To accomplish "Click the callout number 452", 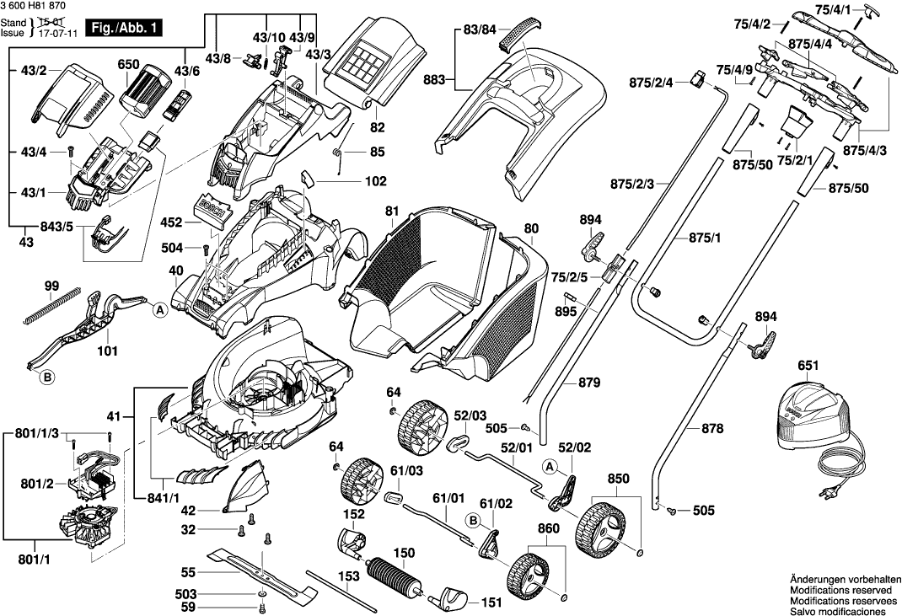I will point(171,223).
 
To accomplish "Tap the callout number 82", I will point(377,126).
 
